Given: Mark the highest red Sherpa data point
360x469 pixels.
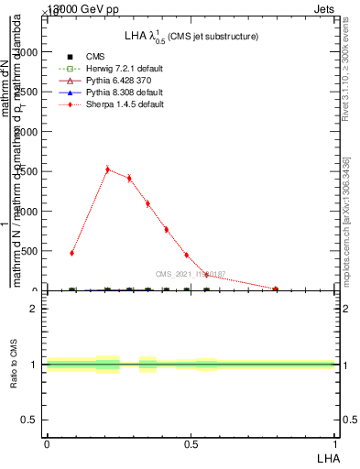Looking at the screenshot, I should pos(107,169).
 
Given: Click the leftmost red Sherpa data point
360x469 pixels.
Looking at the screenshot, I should pos(71,253).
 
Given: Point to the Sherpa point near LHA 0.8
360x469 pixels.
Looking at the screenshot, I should pos(276,289).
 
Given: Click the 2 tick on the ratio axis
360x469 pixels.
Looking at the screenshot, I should pos(35,309).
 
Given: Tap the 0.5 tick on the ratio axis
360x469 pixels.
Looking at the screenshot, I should pos(31,420).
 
